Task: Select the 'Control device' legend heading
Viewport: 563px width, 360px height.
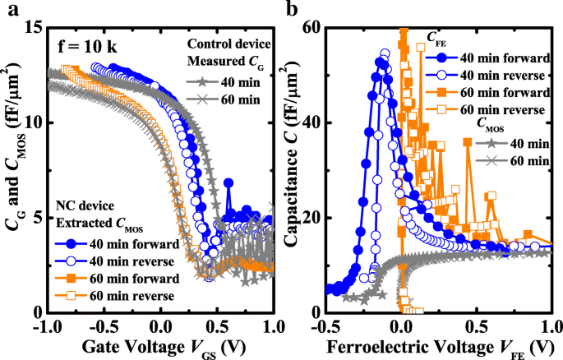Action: click(233, 43)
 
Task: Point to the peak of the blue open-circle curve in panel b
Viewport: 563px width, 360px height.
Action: click(385, 54)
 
